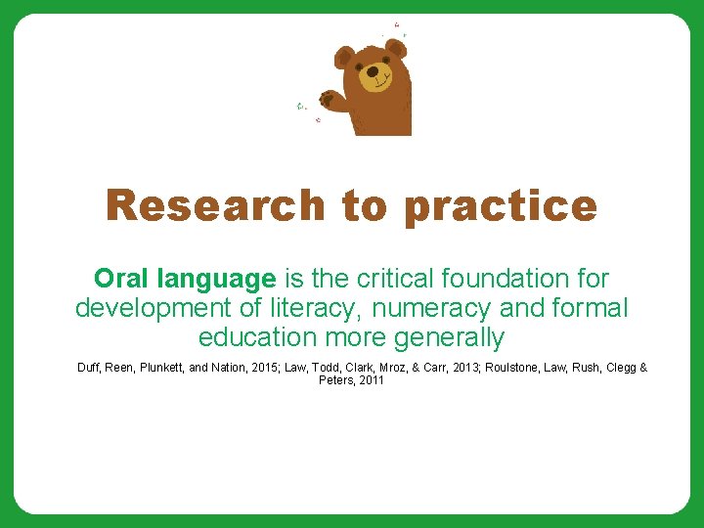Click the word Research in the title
pyautogui.click(x=215, y=206)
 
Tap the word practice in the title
pyautogui.click(x=500, y=206)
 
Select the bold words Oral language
pyautogui.click(x=185, y=279)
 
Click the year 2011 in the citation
pyautogui.click(x=372, y=380)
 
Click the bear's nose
pyautogui.click(x=373, y=71)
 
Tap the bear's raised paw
pyautogui.click(x=329, y=99)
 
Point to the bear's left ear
pyautogui.click(x=344, y=55)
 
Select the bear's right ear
pyautogui.click(x=395, y=48)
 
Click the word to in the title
pyautogui.click(x=364, y=206)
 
